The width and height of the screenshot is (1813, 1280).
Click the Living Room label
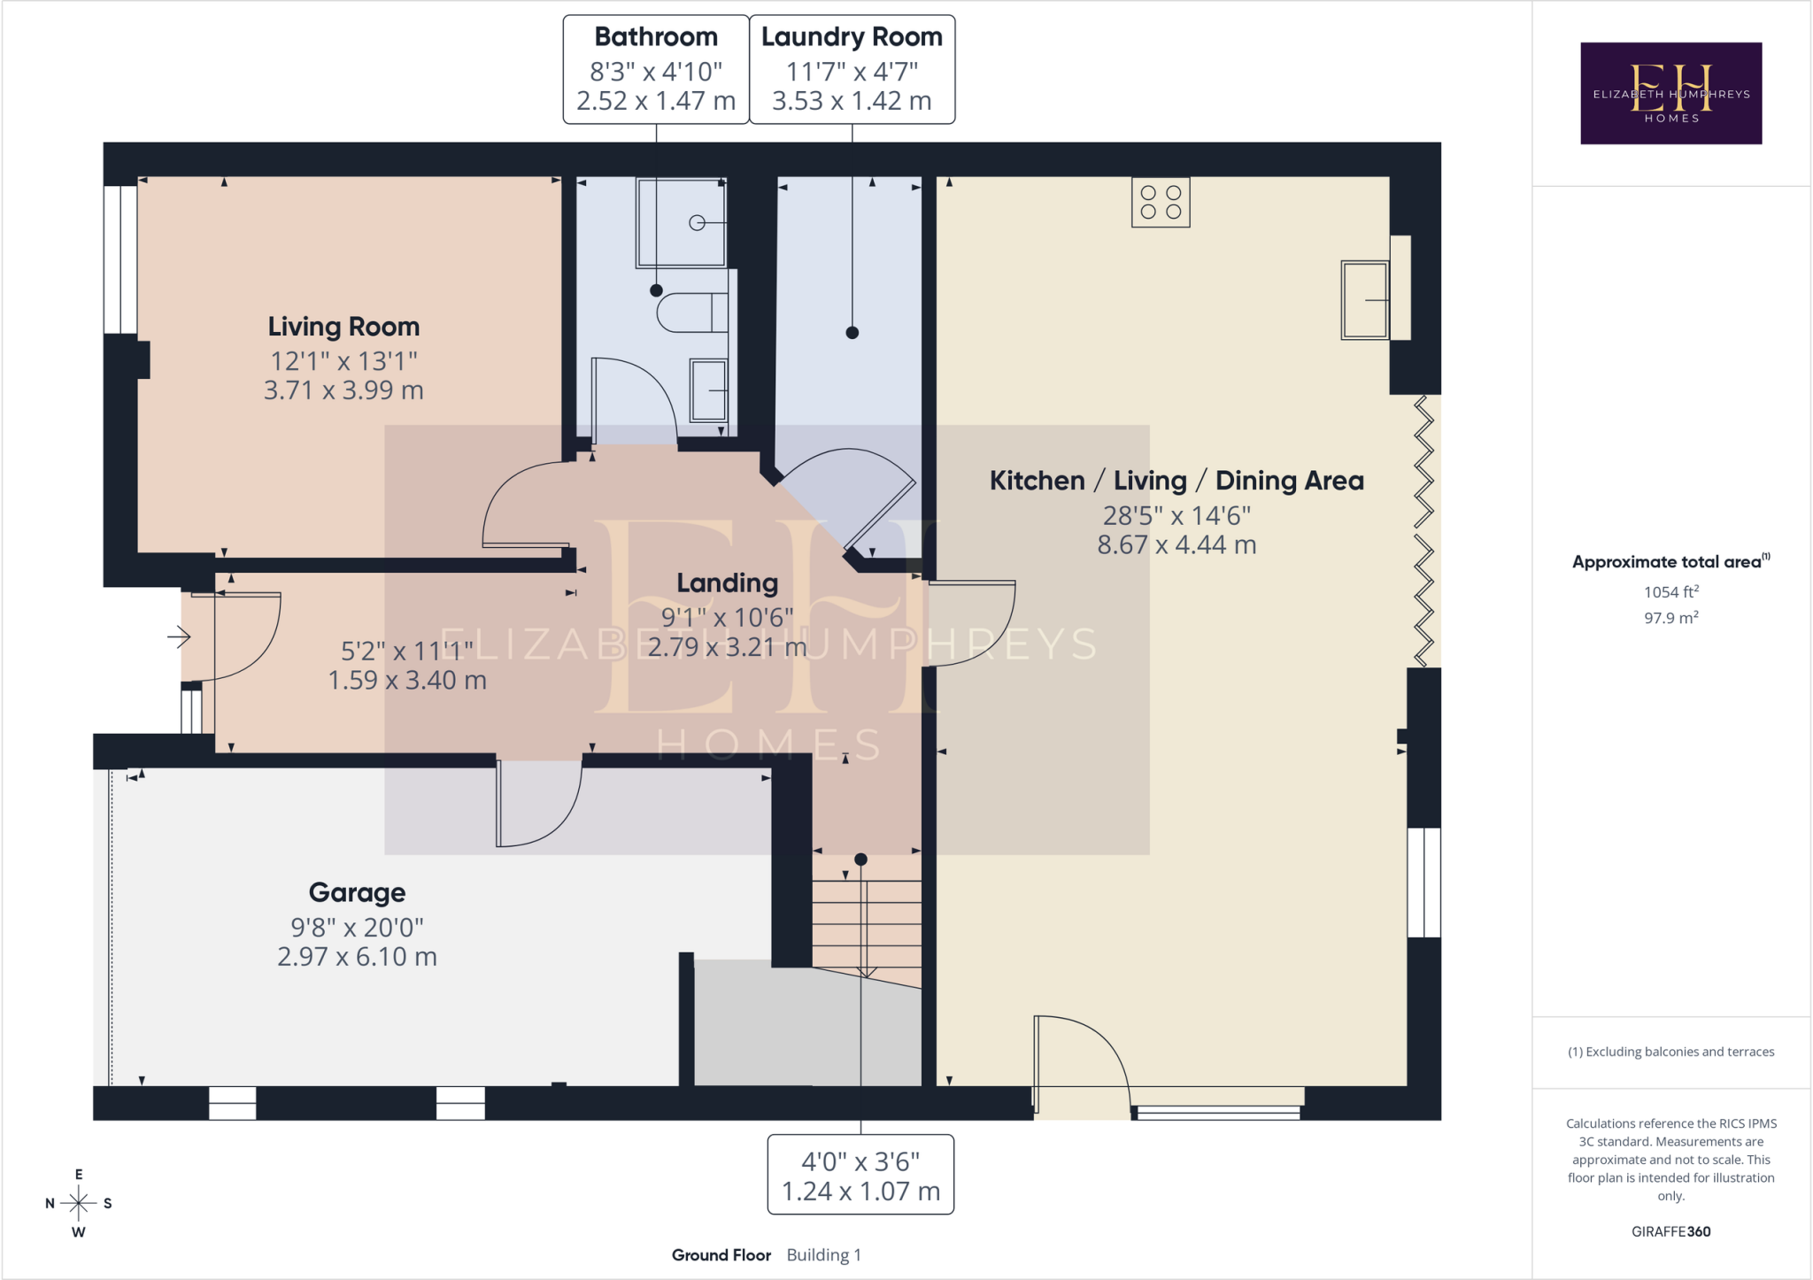click(x=343, y=327)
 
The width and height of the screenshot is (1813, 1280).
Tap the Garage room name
click(x=357, y=892)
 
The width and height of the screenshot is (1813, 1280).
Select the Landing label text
click(x=727, y=582)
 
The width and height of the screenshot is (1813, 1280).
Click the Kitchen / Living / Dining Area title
click(x=1177, y=481)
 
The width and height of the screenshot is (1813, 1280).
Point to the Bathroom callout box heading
click(x=656, y=37)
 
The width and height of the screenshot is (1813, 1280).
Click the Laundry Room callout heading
click(x=852, y=37)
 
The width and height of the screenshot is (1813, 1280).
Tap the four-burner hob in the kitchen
click(x=1161, y=202)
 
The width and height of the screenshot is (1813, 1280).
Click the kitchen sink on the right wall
click(x=1365, y=300)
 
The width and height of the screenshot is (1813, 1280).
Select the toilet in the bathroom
click(x=692, y=312)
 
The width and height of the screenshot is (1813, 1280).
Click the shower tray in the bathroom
click(x=681, y=223)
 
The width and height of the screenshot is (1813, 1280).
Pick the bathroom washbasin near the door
click(x=708, y=389)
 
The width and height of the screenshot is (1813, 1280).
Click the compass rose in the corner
click(x=79, y=1203)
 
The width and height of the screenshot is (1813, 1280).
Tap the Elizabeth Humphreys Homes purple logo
click(x=1671, y=93)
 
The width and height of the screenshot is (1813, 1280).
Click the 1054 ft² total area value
click(x=1671, y=591)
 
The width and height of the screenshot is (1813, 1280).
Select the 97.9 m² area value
click(x=1671, y=617)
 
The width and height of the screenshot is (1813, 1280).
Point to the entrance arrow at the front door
click(x=180, y=636)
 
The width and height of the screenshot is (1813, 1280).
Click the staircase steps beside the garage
click(x=867, y=921)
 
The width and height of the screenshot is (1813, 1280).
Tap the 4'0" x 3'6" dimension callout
click(x=860, y=1176)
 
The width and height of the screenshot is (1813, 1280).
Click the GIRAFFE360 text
click(x=1671, y=1231)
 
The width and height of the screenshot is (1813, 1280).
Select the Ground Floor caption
click(x=721, y=1255)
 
